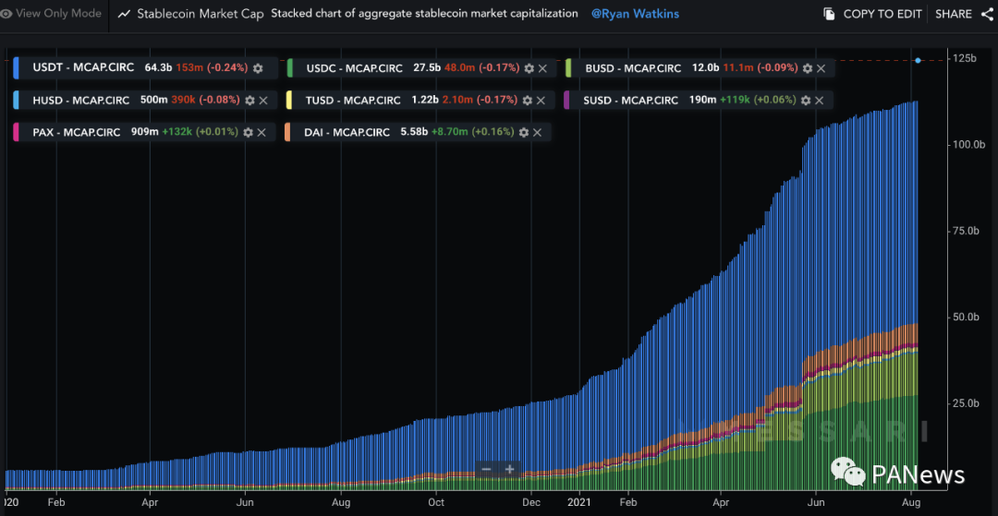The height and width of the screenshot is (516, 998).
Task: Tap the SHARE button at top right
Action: coord(954,14)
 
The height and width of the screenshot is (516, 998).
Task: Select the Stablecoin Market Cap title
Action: coord(200,14)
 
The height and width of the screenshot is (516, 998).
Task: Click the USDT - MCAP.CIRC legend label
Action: coord(83,67)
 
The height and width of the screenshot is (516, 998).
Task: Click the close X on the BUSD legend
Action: coord(822,68)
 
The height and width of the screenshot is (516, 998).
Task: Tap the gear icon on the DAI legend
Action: coord(524,132)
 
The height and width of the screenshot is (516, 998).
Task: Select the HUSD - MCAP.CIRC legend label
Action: coord(84,100)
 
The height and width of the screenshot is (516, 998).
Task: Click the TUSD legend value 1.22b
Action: coord(426,100)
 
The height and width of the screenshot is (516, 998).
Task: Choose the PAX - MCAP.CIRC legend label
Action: coord(77,132)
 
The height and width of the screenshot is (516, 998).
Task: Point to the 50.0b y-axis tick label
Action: coord(965,317)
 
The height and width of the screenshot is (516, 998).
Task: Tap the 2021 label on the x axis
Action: coord(579,502)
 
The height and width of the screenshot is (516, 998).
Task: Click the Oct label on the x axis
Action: coord(436,502)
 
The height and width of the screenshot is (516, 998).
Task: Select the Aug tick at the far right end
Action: coord(910,502)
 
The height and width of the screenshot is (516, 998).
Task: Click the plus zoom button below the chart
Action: coord(509,469)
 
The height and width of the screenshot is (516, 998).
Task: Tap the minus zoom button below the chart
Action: coord(486,469)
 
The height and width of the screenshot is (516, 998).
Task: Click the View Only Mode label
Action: coord(58,14)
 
